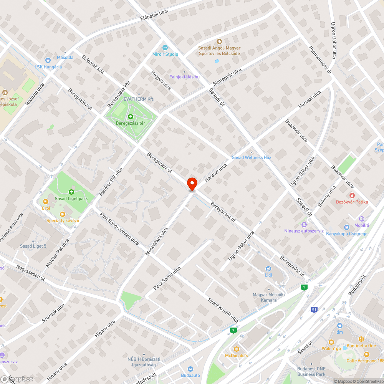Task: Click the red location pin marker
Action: tap(192, 184)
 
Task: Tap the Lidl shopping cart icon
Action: tap(268, 269)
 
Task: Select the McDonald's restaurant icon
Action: tap(236, 349)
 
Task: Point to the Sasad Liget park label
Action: tap(71, 199)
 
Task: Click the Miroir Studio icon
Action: tap(165, 48)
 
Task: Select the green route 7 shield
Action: tap(233, 330)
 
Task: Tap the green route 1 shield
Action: tap(305, 287)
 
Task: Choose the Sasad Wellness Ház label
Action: tap(252, 157)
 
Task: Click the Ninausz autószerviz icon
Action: tap(305, 224)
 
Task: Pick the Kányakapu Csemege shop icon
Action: tap(347, 227)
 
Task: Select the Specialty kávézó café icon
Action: tap(63, 214)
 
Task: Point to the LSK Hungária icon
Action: tap(48, 60)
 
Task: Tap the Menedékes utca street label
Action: tap(157, 241)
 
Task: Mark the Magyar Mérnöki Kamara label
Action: tap(268, 297)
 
